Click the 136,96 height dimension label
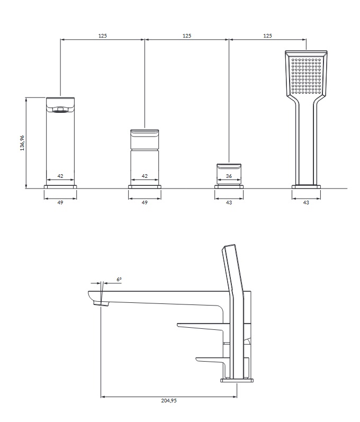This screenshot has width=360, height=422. click(x=22, y=143)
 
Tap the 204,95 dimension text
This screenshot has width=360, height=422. click(x=169, y=400)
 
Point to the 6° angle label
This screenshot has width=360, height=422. click(x=119, y=280)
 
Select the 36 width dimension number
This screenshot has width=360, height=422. click(x=229, y=176)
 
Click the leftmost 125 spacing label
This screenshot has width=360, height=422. click(x=103, y=35)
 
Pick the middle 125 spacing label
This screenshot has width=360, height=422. click(x=187, y=35)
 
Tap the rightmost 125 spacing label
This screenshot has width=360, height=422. click(x=267, y=35)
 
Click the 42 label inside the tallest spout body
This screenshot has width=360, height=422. click(x=60, y=176)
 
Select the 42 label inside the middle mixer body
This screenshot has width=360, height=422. click(x=145, y=176)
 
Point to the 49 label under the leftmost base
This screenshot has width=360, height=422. click(x=60, y=202)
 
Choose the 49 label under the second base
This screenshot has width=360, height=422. click(x=145, y=202)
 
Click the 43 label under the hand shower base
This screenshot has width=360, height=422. click(x=306, y=202)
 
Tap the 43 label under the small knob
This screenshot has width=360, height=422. click(x=229, y=202)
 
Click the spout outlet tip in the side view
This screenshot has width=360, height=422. click(x=102, y=304)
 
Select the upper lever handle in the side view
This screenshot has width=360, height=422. click(x=201, y=327)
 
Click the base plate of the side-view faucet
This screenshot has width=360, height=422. click(x=237, y=380)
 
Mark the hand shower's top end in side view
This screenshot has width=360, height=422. click(x=228, y=246)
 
